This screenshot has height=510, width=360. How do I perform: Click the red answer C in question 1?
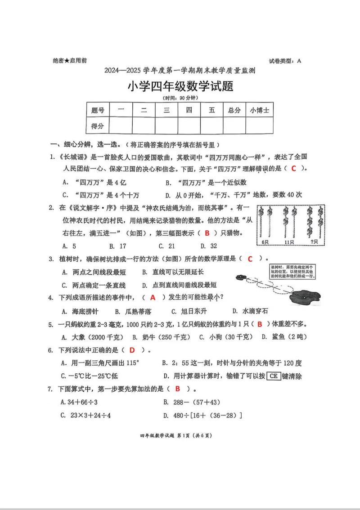[293, 168]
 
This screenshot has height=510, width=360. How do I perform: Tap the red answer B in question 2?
[207, 233]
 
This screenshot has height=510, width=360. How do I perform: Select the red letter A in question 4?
[153, 297]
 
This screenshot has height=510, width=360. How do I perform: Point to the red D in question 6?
[132, 350]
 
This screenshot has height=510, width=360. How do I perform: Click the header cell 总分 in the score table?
[234, 110]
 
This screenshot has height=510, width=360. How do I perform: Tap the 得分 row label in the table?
[98, 126]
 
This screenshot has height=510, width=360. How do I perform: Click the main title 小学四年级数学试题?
[180, 86]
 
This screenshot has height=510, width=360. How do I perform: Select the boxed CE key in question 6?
[274, 376]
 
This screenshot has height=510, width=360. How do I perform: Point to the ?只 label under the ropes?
[310, 242]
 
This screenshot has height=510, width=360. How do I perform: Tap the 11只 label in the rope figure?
[288, 242]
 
